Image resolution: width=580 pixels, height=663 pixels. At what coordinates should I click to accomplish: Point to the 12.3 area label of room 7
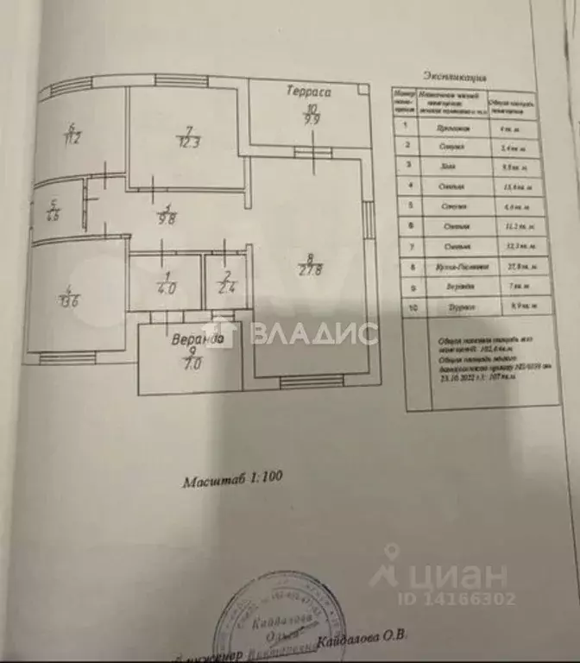pyautogui.click(x=186, y=142)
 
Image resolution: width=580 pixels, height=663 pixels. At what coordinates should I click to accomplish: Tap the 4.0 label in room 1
pyautogui.click(x=165, y=289)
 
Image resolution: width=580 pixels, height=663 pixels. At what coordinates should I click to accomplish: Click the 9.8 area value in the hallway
pyautogui.click(x=167, y=218)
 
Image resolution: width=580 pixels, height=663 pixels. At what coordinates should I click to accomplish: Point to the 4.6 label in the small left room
pyautogui.click(x=53, y=216)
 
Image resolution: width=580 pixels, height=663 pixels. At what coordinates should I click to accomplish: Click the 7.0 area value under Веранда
pyautogui.click(x=192, y=365)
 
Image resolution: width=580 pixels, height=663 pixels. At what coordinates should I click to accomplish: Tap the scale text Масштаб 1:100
pyautogui.click(x=232, y=482)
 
